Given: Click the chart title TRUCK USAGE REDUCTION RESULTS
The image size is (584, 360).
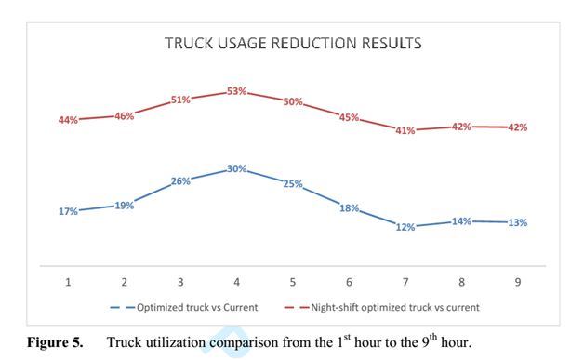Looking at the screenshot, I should [293, 43].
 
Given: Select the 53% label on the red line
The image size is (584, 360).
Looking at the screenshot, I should [236, 91].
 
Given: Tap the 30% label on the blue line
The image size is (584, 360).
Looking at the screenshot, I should [236, 168].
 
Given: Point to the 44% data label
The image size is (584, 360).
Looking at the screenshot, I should [68, 121].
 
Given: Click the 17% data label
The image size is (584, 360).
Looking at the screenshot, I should [68, 211].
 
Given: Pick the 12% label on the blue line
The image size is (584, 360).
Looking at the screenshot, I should [405, 227].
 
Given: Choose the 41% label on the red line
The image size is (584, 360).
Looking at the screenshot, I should [405, 131].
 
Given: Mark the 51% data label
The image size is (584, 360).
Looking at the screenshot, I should [179, 100].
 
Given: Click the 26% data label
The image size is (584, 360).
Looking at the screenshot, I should [179, 181].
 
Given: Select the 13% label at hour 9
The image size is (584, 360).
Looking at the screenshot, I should [517, 222].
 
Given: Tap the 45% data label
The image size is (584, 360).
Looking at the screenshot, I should [349, 117].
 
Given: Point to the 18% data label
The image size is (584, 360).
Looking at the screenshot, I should [349, 208].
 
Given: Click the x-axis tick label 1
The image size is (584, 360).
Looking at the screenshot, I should [68, 282].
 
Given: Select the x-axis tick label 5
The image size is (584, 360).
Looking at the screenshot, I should [293, 282].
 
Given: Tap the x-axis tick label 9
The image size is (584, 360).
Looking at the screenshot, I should [517, 282].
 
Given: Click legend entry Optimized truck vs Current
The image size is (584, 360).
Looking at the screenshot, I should [194, 306].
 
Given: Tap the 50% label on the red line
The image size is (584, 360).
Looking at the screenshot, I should [292, 101].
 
